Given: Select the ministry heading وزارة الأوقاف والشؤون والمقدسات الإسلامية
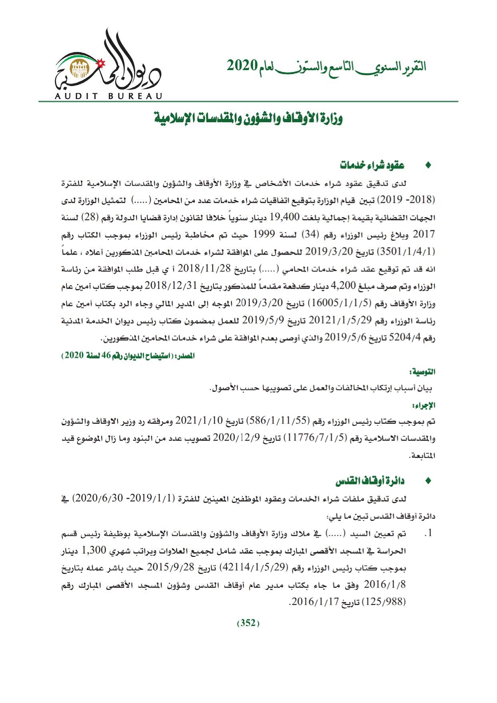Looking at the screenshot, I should coord(249,119).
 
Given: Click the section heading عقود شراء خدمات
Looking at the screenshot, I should coord(372,165).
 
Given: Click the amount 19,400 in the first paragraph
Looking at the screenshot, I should coord(285,218).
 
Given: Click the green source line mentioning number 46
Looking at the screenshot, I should coord(129,355).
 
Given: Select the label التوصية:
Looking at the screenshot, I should coord(425,372).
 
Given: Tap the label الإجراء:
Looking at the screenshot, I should coord(426,405).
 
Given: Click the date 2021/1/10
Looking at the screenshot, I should coord(199,421).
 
